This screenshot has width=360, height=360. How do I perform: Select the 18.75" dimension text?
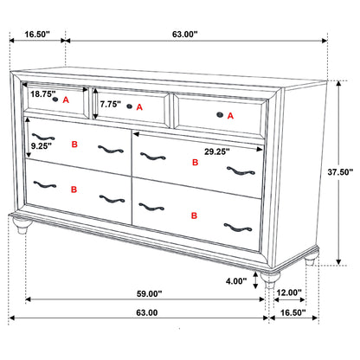tap(42, 93)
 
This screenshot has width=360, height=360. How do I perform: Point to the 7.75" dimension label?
tap(110, 104)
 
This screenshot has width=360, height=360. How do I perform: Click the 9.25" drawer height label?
tap(42, 147)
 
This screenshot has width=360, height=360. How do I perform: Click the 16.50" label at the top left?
tap(35, 35)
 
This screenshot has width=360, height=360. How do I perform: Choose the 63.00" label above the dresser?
tap(184, 35)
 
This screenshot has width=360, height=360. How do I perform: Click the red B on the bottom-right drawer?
tap(194, 215)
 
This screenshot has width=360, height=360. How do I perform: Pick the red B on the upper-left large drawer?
tap(74, 145)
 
